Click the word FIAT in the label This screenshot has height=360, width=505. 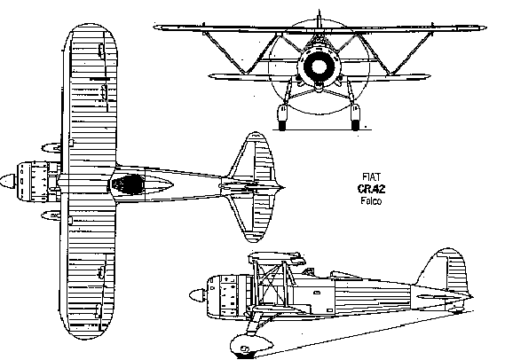371,177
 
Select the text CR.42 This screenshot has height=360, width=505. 371,189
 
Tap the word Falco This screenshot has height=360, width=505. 371,201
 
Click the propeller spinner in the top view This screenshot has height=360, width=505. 8,182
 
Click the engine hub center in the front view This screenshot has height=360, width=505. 319,67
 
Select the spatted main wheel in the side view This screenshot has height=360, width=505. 251,346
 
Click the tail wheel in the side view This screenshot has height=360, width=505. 457,310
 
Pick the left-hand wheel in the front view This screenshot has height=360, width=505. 282,117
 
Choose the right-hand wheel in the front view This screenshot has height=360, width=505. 355,117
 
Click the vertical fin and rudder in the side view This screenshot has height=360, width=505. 446,272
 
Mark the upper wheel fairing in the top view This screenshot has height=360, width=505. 51,148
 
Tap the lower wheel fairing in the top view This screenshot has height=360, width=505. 51,215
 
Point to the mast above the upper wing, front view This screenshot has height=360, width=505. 319,19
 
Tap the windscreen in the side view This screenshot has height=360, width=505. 309,271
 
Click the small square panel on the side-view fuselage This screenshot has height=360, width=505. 329,310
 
